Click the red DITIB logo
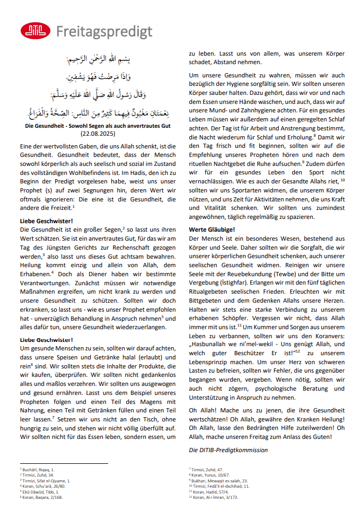(x=35, y=31)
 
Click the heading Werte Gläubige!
(x=212, y=230)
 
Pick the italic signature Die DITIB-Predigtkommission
(x=228, y=450)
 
